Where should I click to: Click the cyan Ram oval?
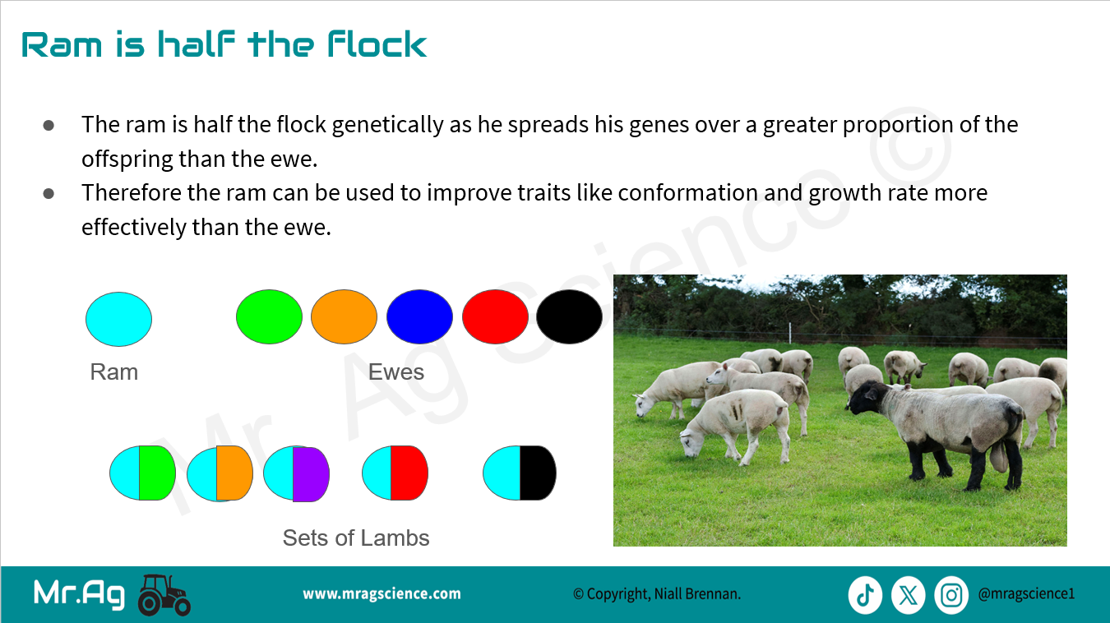pos(119,319)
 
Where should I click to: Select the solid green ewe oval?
pos(269,317)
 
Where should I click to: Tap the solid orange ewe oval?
pos(344,317)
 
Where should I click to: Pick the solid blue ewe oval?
pos(419,317)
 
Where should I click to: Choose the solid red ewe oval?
pos(495,317)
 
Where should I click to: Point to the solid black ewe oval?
pos(569,317)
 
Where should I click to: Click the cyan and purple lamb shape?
pos(296,474)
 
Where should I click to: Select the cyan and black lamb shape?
pos(520,473)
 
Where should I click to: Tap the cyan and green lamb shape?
pos(143,473)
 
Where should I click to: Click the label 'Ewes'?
pos(396,372)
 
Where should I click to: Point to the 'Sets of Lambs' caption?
pos(356,538)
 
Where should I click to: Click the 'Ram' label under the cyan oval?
pos(114,372)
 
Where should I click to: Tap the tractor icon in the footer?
pos(164,595)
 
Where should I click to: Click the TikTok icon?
pos(865,595)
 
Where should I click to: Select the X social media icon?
pos(909,595)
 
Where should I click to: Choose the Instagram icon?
pos(951,595)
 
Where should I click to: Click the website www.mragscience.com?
pos(382,593)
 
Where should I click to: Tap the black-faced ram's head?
pos(866,398)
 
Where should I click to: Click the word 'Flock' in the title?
pos(377,44)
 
